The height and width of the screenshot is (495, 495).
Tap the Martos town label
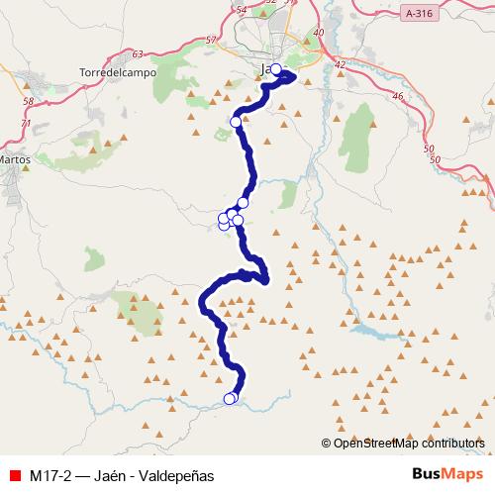coord(17,157)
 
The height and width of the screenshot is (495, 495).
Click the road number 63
coord(137,53)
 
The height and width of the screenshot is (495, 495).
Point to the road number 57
coord(208,41)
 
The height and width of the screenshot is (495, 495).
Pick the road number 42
coord(341,64)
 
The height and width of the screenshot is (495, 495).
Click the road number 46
coord(398,96)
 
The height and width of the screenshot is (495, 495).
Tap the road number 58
coord(28,102)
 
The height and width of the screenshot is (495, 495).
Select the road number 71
coord(29,123)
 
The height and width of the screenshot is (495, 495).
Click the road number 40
coord(319,33)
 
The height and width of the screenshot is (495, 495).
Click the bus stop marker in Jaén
coord(276,69)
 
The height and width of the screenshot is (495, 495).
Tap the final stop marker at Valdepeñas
coord(230,399)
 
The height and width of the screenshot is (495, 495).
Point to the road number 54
coord(243,9)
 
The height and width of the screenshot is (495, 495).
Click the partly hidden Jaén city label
coord(263,69)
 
